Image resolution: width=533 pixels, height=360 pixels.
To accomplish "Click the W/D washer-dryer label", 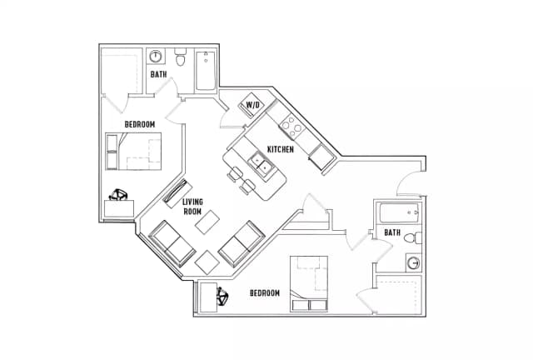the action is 253,105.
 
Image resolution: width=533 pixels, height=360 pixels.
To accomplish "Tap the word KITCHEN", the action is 281,149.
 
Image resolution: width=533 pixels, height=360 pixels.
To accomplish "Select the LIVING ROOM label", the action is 192,207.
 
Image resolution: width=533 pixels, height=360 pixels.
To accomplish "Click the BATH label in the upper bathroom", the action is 159,74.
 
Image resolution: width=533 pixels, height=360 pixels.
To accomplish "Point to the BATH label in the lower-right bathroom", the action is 392,232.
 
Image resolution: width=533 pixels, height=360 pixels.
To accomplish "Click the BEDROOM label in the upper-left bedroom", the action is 140,124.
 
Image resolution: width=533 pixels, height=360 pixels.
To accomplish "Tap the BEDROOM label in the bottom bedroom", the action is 265,293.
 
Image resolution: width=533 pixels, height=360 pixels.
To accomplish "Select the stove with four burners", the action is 291,127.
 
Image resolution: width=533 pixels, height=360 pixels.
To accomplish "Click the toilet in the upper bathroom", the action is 180,57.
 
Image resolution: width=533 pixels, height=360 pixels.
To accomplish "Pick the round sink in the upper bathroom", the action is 156,56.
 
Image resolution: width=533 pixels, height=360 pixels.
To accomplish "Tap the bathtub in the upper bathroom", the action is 206,71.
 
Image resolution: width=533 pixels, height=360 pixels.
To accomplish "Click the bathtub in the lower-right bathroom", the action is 400,213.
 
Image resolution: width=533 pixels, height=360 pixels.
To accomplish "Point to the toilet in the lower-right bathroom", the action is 414,237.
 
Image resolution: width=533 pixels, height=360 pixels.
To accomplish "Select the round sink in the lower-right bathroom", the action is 414,263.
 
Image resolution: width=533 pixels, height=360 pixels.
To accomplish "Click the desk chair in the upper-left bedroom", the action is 118,195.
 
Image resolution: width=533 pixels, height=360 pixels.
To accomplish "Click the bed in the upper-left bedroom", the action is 133,152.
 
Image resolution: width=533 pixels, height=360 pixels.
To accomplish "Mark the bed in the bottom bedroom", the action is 309,284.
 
